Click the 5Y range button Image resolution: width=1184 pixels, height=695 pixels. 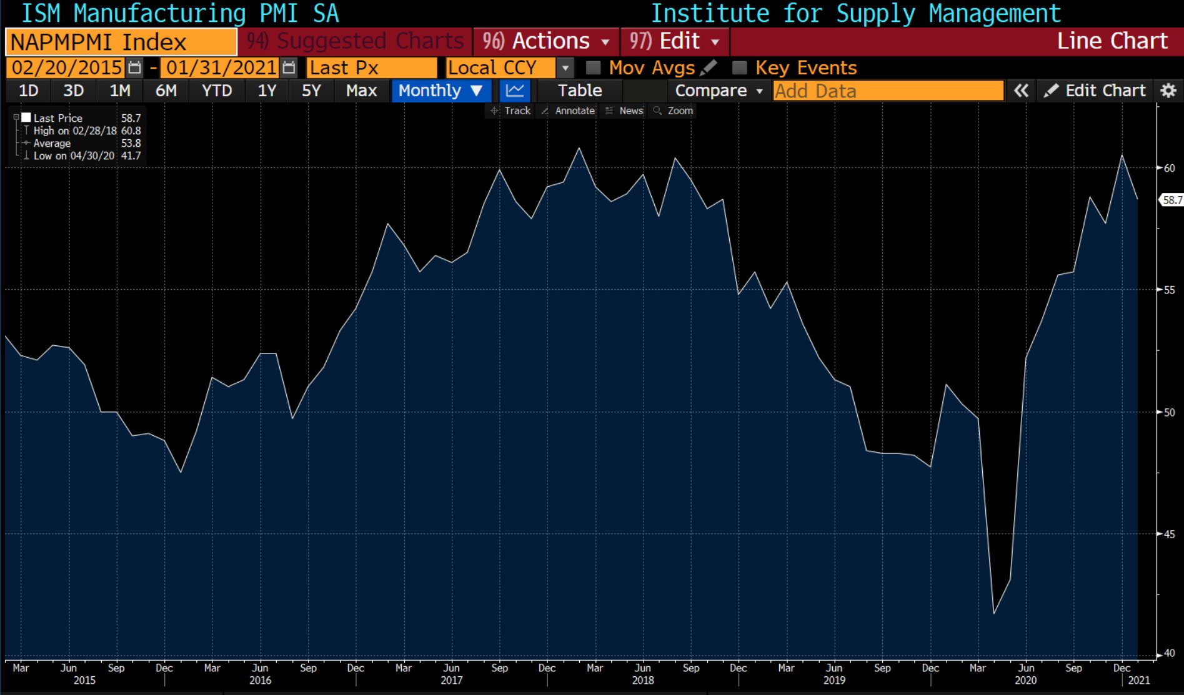click(311, 91)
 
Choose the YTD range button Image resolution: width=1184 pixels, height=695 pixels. click(216, 91)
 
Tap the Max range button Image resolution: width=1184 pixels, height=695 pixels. click(361, 91)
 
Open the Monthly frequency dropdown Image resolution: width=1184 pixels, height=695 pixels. click(440, 91)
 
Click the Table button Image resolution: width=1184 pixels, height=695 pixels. click(579, 91)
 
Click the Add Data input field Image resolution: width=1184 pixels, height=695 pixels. click(887, 91)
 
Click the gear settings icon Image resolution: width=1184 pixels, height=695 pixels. click(1168, 91)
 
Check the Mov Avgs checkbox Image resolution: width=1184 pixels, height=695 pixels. click(594, 67)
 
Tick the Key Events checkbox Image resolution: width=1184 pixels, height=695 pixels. click(740, 67)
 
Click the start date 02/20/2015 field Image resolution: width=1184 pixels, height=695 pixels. click(67, 67)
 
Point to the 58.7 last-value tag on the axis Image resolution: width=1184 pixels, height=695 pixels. click(1172, 200)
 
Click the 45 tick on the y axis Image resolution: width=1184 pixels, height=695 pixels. click(1168, 534)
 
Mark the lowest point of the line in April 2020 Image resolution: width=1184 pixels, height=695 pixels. click(994, 613)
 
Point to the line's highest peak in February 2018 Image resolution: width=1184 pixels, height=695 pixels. click(579, 149)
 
